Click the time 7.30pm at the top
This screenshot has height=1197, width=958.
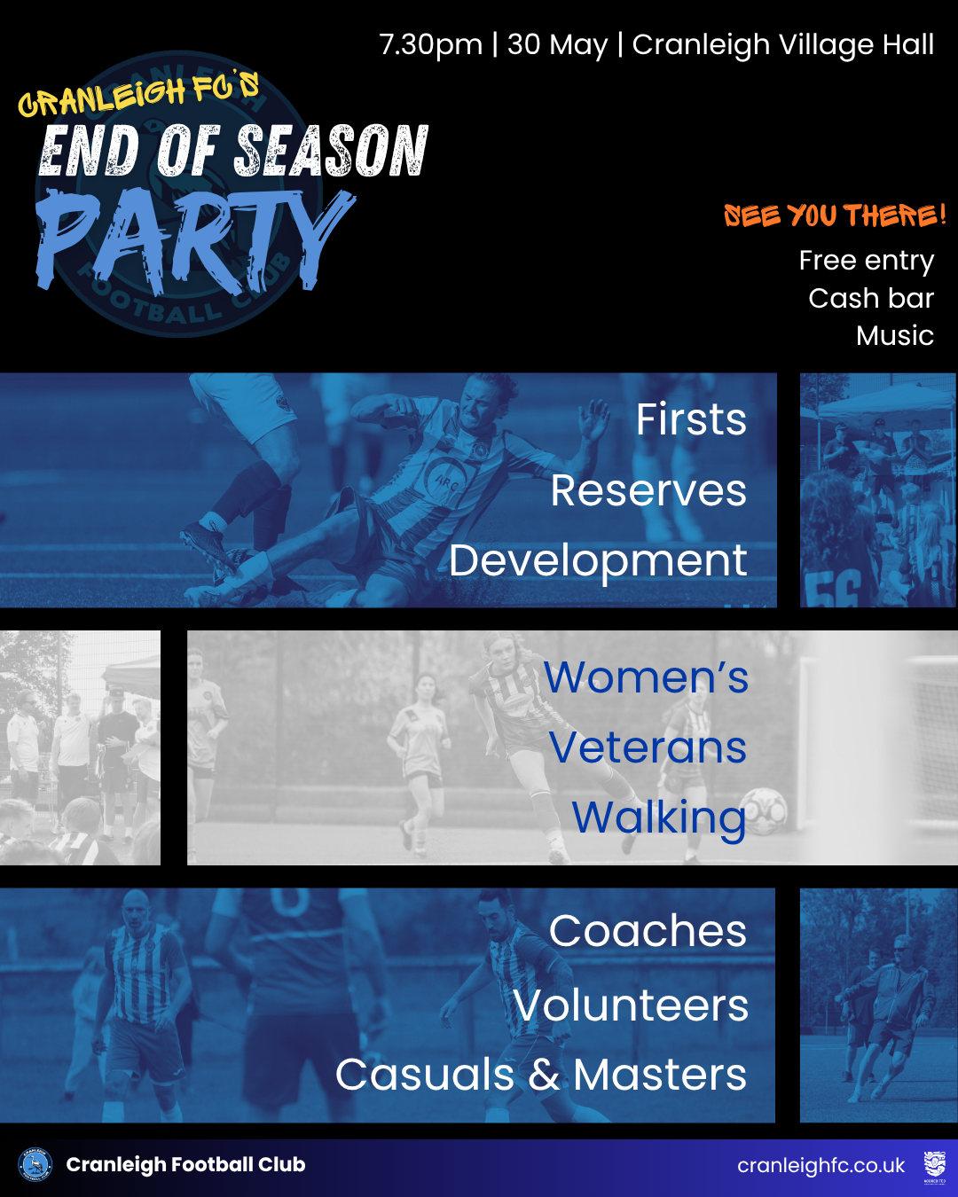click(431, 45)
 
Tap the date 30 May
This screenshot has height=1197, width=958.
click(557, 45)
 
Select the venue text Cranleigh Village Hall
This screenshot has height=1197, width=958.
click(782, 45)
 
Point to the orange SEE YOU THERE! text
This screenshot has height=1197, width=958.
click(835, 215)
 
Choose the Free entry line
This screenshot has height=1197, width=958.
click(866, 261)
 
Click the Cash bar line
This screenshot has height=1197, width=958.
click(871, 298)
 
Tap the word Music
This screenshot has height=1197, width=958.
click(895, 335)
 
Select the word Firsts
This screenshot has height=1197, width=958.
click(691, 419)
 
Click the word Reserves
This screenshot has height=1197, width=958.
click(648, 490)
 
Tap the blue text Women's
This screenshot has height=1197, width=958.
click(646, 677)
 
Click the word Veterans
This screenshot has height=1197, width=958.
click(648, 747)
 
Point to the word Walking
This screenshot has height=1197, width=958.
click(659, 818)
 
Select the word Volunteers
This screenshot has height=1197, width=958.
click(631, 1005)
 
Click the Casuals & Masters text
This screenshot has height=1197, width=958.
click(541, 1075)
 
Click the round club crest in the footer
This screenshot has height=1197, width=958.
click(35, 1164)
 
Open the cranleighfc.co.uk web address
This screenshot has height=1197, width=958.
click(821, 1165)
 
